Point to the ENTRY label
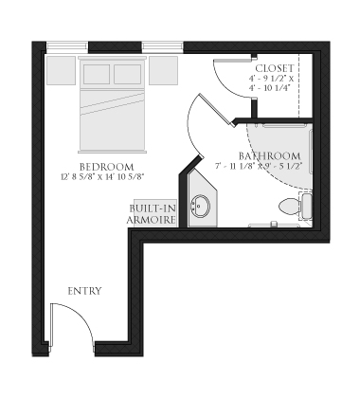[x=84, y=291]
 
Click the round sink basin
[x=201, y=208]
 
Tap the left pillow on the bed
[x=99, y=74]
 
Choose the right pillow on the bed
[x=128, y=74]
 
